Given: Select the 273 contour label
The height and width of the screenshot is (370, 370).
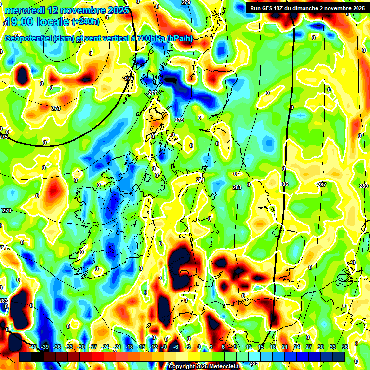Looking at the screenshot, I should coord(56,108).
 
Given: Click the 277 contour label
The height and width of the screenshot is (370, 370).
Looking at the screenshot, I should coord(153,92).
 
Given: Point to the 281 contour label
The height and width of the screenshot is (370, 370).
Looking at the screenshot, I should coord(200,180).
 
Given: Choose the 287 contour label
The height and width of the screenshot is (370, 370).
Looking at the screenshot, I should coord(322,185).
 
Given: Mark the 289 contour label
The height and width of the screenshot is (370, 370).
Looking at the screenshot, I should coord(363,186).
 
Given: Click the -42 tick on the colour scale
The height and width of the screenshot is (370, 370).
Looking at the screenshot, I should coord(33,347).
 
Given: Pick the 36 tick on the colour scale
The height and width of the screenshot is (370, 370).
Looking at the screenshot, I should coord(345,347).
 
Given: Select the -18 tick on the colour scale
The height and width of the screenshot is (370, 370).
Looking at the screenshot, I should coord(129,347).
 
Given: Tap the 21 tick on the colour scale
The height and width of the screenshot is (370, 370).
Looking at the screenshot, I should coord(285,347).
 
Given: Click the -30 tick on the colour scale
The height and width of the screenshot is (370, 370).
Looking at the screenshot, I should coord(81,347).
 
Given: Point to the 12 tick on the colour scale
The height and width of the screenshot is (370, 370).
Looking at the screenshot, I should coord(249,347).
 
